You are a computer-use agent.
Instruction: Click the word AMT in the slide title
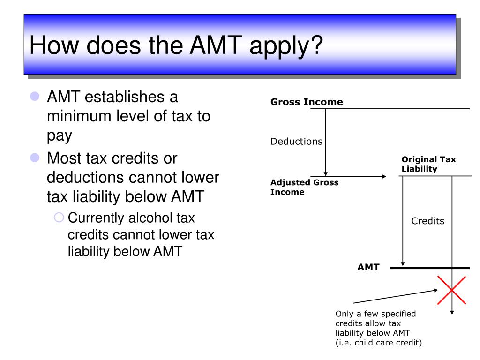click(216, 45)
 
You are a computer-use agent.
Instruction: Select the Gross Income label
click(307, 102)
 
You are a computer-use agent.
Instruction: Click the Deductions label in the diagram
click(296, 142)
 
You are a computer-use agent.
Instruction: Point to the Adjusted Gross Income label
click(304, 187)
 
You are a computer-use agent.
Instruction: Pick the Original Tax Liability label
click(428, 164)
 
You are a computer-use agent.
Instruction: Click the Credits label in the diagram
click(427, 221)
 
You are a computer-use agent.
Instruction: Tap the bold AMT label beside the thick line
click(368, 267)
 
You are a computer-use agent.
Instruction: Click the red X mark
click(451, 290)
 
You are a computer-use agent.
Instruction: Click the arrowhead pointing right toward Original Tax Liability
click(384, 176)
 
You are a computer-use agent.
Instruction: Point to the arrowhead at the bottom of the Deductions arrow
click(326, 173)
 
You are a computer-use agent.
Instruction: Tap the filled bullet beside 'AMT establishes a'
click(35, 96)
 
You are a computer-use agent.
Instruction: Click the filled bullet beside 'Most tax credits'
click(35, 157)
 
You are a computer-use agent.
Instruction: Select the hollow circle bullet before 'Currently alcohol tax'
click(59, 217)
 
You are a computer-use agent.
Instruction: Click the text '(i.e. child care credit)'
click(379, 343)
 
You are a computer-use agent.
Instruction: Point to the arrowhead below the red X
click(452, 313)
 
